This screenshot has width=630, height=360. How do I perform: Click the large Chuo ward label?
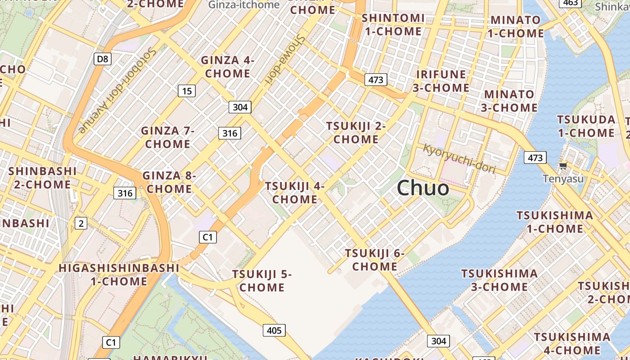[423, 188]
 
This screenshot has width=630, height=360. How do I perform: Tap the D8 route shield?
[102, 58]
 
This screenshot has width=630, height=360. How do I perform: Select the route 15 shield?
[187, 91]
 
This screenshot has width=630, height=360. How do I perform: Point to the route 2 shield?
[81, 223]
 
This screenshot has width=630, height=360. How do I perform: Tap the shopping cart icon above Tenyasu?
[563, 166]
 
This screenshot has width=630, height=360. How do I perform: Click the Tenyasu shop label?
[563, 179]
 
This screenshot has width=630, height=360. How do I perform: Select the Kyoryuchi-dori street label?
[459, 159]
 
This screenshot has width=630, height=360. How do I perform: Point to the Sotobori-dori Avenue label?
[117, 90]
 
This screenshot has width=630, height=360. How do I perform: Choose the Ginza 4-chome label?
[228, 67]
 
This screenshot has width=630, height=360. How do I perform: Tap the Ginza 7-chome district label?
[167, 137]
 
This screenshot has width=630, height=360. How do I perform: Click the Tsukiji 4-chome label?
[295, 192]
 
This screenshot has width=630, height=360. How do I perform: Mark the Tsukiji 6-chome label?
[375, 260]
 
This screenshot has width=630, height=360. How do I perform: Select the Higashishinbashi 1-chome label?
[119, 274]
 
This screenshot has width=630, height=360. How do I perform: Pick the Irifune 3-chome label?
[441, 81]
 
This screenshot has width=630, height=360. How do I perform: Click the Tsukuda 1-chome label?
[586, 126]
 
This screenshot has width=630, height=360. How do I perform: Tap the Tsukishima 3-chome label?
[499, 280]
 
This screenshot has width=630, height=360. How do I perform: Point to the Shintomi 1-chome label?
[393, 25]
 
